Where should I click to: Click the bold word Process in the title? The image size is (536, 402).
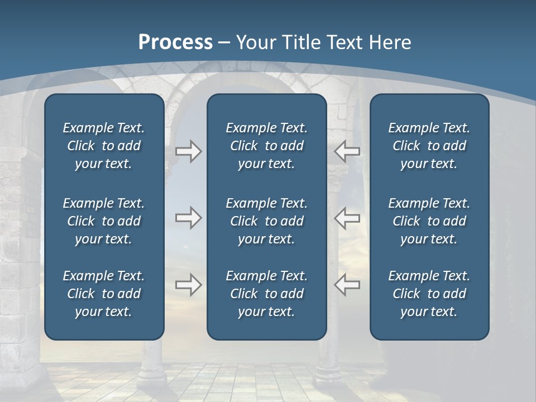click(175, 42)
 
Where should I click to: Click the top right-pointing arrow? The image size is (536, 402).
click(188, 151)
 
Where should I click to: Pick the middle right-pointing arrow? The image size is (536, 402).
click(188, 218)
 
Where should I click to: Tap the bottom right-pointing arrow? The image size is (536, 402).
click(188, 285)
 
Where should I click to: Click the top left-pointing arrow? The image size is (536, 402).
click(347, 151)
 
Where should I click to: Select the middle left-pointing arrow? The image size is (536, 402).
click(347, 218)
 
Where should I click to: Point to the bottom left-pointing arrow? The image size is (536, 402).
click(347, 285)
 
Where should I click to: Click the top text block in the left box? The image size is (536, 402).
click(104, 146)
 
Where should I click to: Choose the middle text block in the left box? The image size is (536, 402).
click(104, 221)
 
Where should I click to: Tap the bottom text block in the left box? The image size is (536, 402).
click(104, 294)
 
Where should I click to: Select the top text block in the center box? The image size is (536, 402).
click(266, 146)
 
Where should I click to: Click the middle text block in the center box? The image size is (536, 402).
click(266, 221)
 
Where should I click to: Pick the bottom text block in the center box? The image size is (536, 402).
click(266, 294)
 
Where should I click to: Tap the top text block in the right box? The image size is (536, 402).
click(429, 146)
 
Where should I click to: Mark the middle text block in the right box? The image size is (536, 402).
click(429, 221)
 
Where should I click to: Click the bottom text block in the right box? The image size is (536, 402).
click(429, 294)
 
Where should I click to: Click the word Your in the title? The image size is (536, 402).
click(254, 42)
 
